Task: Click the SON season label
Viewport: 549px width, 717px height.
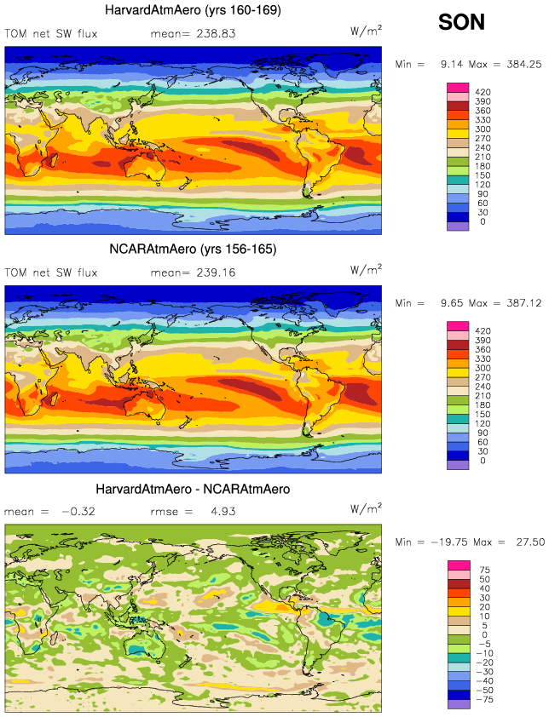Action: [x=461, y=22]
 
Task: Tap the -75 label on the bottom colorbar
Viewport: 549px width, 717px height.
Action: [x=486, y=699]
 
